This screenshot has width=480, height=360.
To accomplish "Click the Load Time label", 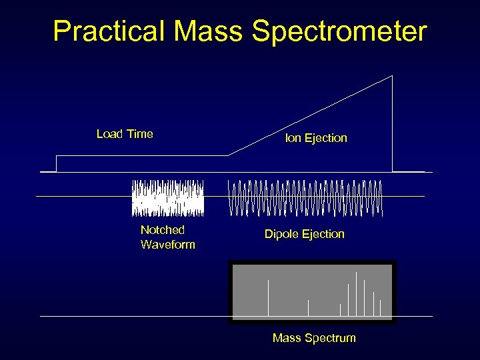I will coord(125,134).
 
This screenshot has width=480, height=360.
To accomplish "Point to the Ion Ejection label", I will coord(316,138).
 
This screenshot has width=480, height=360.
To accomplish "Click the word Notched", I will coord(162,230).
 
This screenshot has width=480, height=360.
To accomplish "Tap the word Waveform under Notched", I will coord(167,245).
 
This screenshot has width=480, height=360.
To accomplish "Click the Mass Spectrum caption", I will coord(314,338).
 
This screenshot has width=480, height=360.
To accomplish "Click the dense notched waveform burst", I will coord(167,198).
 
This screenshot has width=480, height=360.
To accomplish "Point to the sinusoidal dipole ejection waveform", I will coord(306,198).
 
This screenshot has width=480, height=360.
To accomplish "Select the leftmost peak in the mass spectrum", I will coord(268,297).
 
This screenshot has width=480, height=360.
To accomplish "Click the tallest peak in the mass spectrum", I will coord(356,293).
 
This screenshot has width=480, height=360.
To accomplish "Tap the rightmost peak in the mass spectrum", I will coord(380,307).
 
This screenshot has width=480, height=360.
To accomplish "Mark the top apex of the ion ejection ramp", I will coord(392,76).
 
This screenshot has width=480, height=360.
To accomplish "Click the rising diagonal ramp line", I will coord(310,116).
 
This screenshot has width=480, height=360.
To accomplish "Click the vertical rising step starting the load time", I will coord(57,164).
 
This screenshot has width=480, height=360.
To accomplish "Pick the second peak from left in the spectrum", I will coord(308,307).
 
